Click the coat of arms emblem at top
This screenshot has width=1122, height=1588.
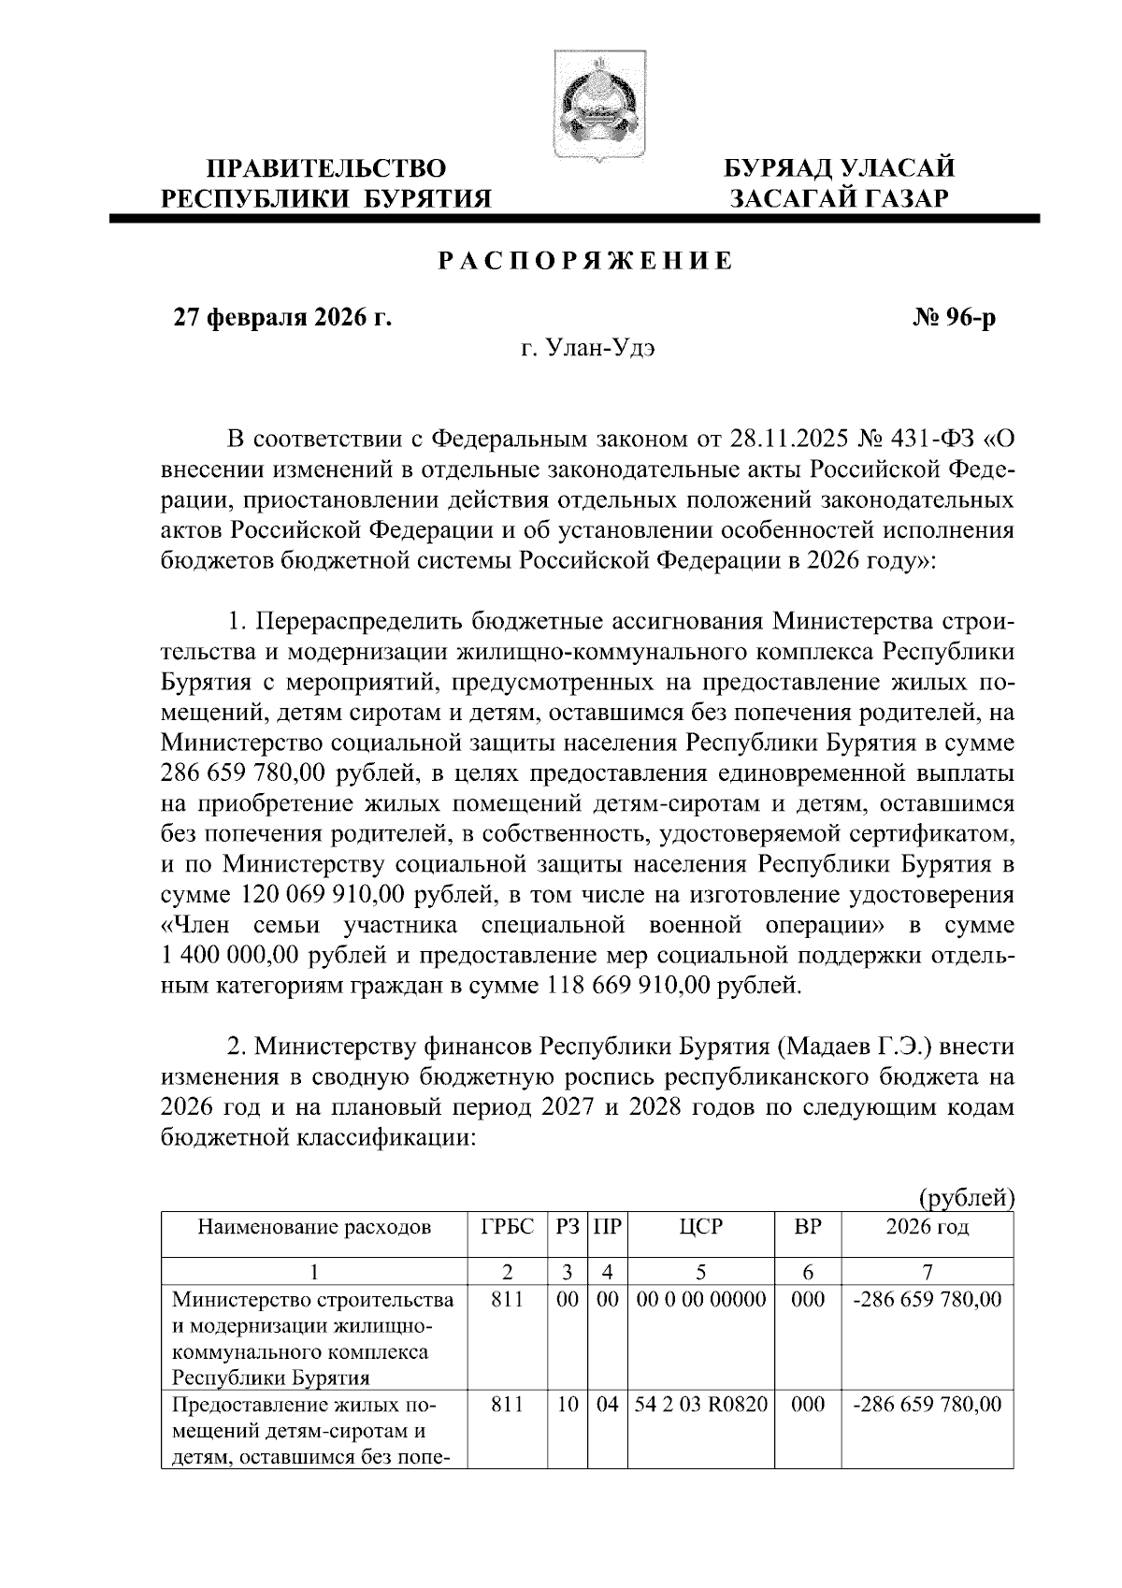(586, 105)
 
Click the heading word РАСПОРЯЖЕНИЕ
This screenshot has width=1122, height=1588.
(586, 262)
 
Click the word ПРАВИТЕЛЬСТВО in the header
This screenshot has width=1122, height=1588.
(326, 168)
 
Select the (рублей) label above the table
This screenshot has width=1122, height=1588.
(968, 1198)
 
